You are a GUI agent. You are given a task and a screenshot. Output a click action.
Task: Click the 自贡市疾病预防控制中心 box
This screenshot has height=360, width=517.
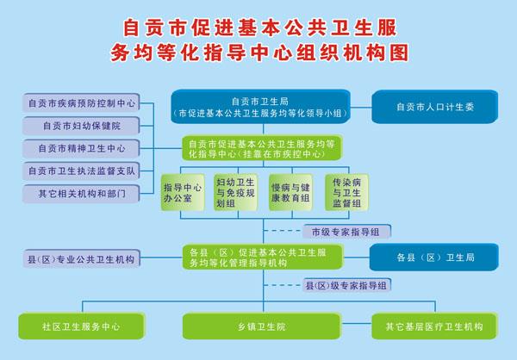[x=81, y=102]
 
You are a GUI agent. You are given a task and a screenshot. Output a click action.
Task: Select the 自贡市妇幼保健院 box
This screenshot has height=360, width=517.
[x=81, y=126]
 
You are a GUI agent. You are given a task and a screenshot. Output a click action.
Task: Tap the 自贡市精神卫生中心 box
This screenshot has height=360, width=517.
[x=81, y=148]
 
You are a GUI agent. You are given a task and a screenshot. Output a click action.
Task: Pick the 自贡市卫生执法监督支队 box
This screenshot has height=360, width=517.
[x=81, y=171]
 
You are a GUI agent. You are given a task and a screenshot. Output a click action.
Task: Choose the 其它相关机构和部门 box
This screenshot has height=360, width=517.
[x=81, y=194]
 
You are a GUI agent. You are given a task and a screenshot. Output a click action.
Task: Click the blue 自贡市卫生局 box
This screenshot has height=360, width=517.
[x=260, y=107]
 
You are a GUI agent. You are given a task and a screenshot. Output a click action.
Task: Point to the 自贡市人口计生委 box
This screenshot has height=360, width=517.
[x=434, y=107]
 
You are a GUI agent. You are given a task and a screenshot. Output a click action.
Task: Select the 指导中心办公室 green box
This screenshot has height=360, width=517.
[x=183, y=193]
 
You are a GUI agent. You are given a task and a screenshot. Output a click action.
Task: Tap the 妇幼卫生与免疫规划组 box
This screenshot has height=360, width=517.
[x=235, y=193]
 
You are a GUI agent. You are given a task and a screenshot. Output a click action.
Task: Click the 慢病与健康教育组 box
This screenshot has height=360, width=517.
[x=290, y=193]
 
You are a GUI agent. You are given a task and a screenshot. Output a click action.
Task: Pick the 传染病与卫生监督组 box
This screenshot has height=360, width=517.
[x=346, y=193]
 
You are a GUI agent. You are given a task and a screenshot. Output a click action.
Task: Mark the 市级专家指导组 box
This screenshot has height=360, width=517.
[x=346, y=232]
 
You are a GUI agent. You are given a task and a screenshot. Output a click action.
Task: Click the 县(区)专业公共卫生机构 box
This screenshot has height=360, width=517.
[x=81, y=259]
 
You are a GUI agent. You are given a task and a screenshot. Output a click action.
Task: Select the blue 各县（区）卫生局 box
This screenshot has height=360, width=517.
[x=434, y=258]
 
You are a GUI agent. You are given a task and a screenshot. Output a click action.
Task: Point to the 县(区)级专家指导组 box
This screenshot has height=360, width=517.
[x=346, y=285]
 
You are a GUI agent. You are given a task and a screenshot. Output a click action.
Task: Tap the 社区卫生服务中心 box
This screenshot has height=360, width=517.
[x=82, y=326]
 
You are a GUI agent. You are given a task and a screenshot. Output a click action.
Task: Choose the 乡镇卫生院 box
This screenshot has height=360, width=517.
[x=261, y=326]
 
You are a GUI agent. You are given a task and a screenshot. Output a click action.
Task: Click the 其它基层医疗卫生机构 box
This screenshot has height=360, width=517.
[x=434, y=326]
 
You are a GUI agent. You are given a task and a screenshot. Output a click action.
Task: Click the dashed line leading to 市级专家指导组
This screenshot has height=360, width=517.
[x=283, y=231]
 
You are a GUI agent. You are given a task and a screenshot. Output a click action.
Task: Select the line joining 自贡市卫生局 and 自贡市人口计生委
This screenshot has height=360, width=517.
[x=361, y=107]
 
